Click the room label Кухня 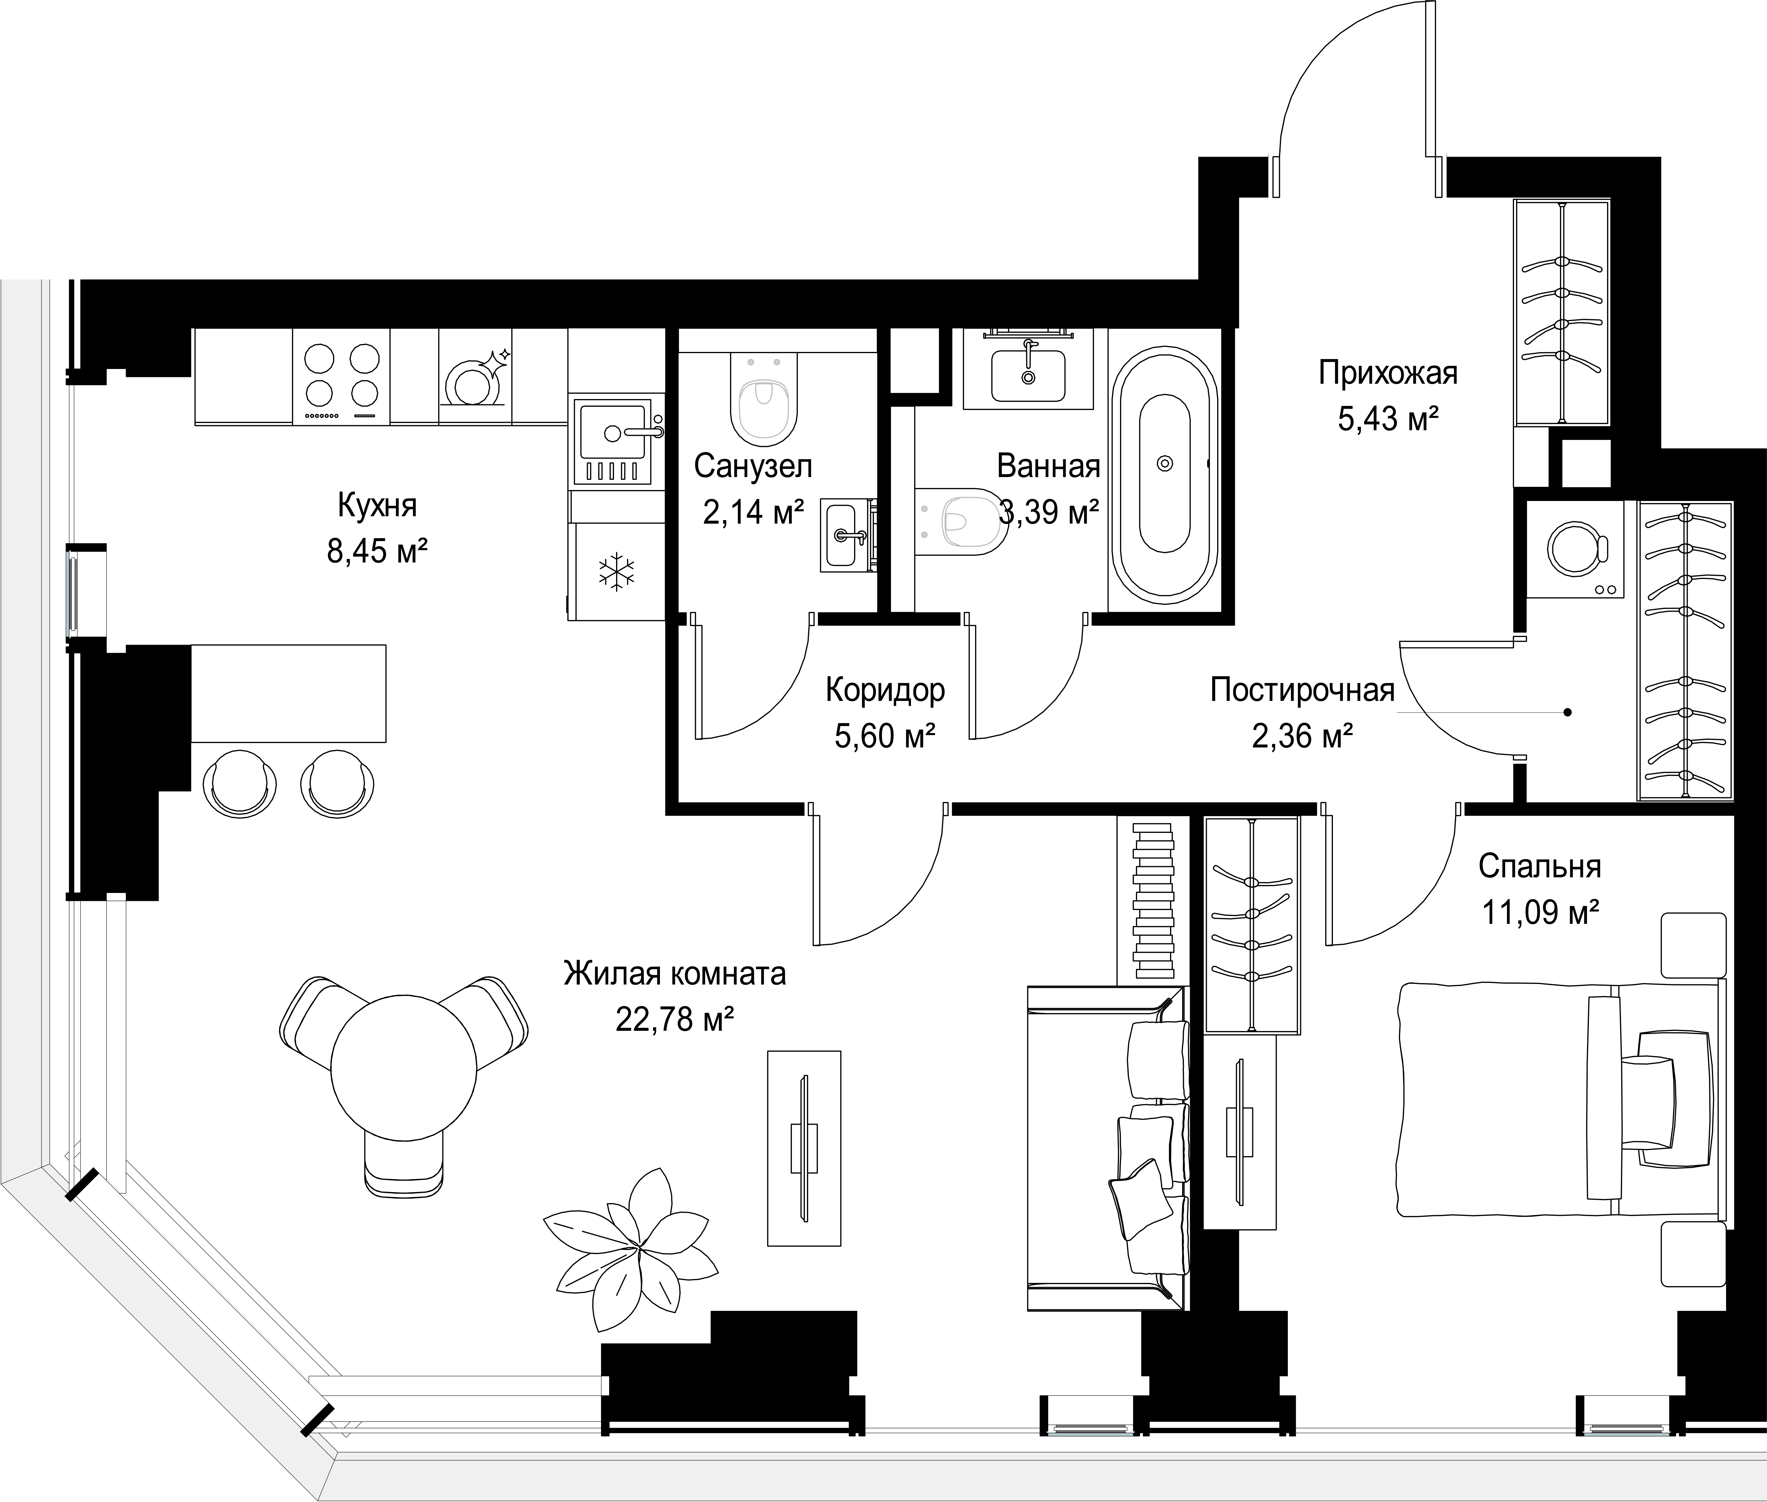tap(377, 506)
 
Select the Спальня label tap(1540, 867)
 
